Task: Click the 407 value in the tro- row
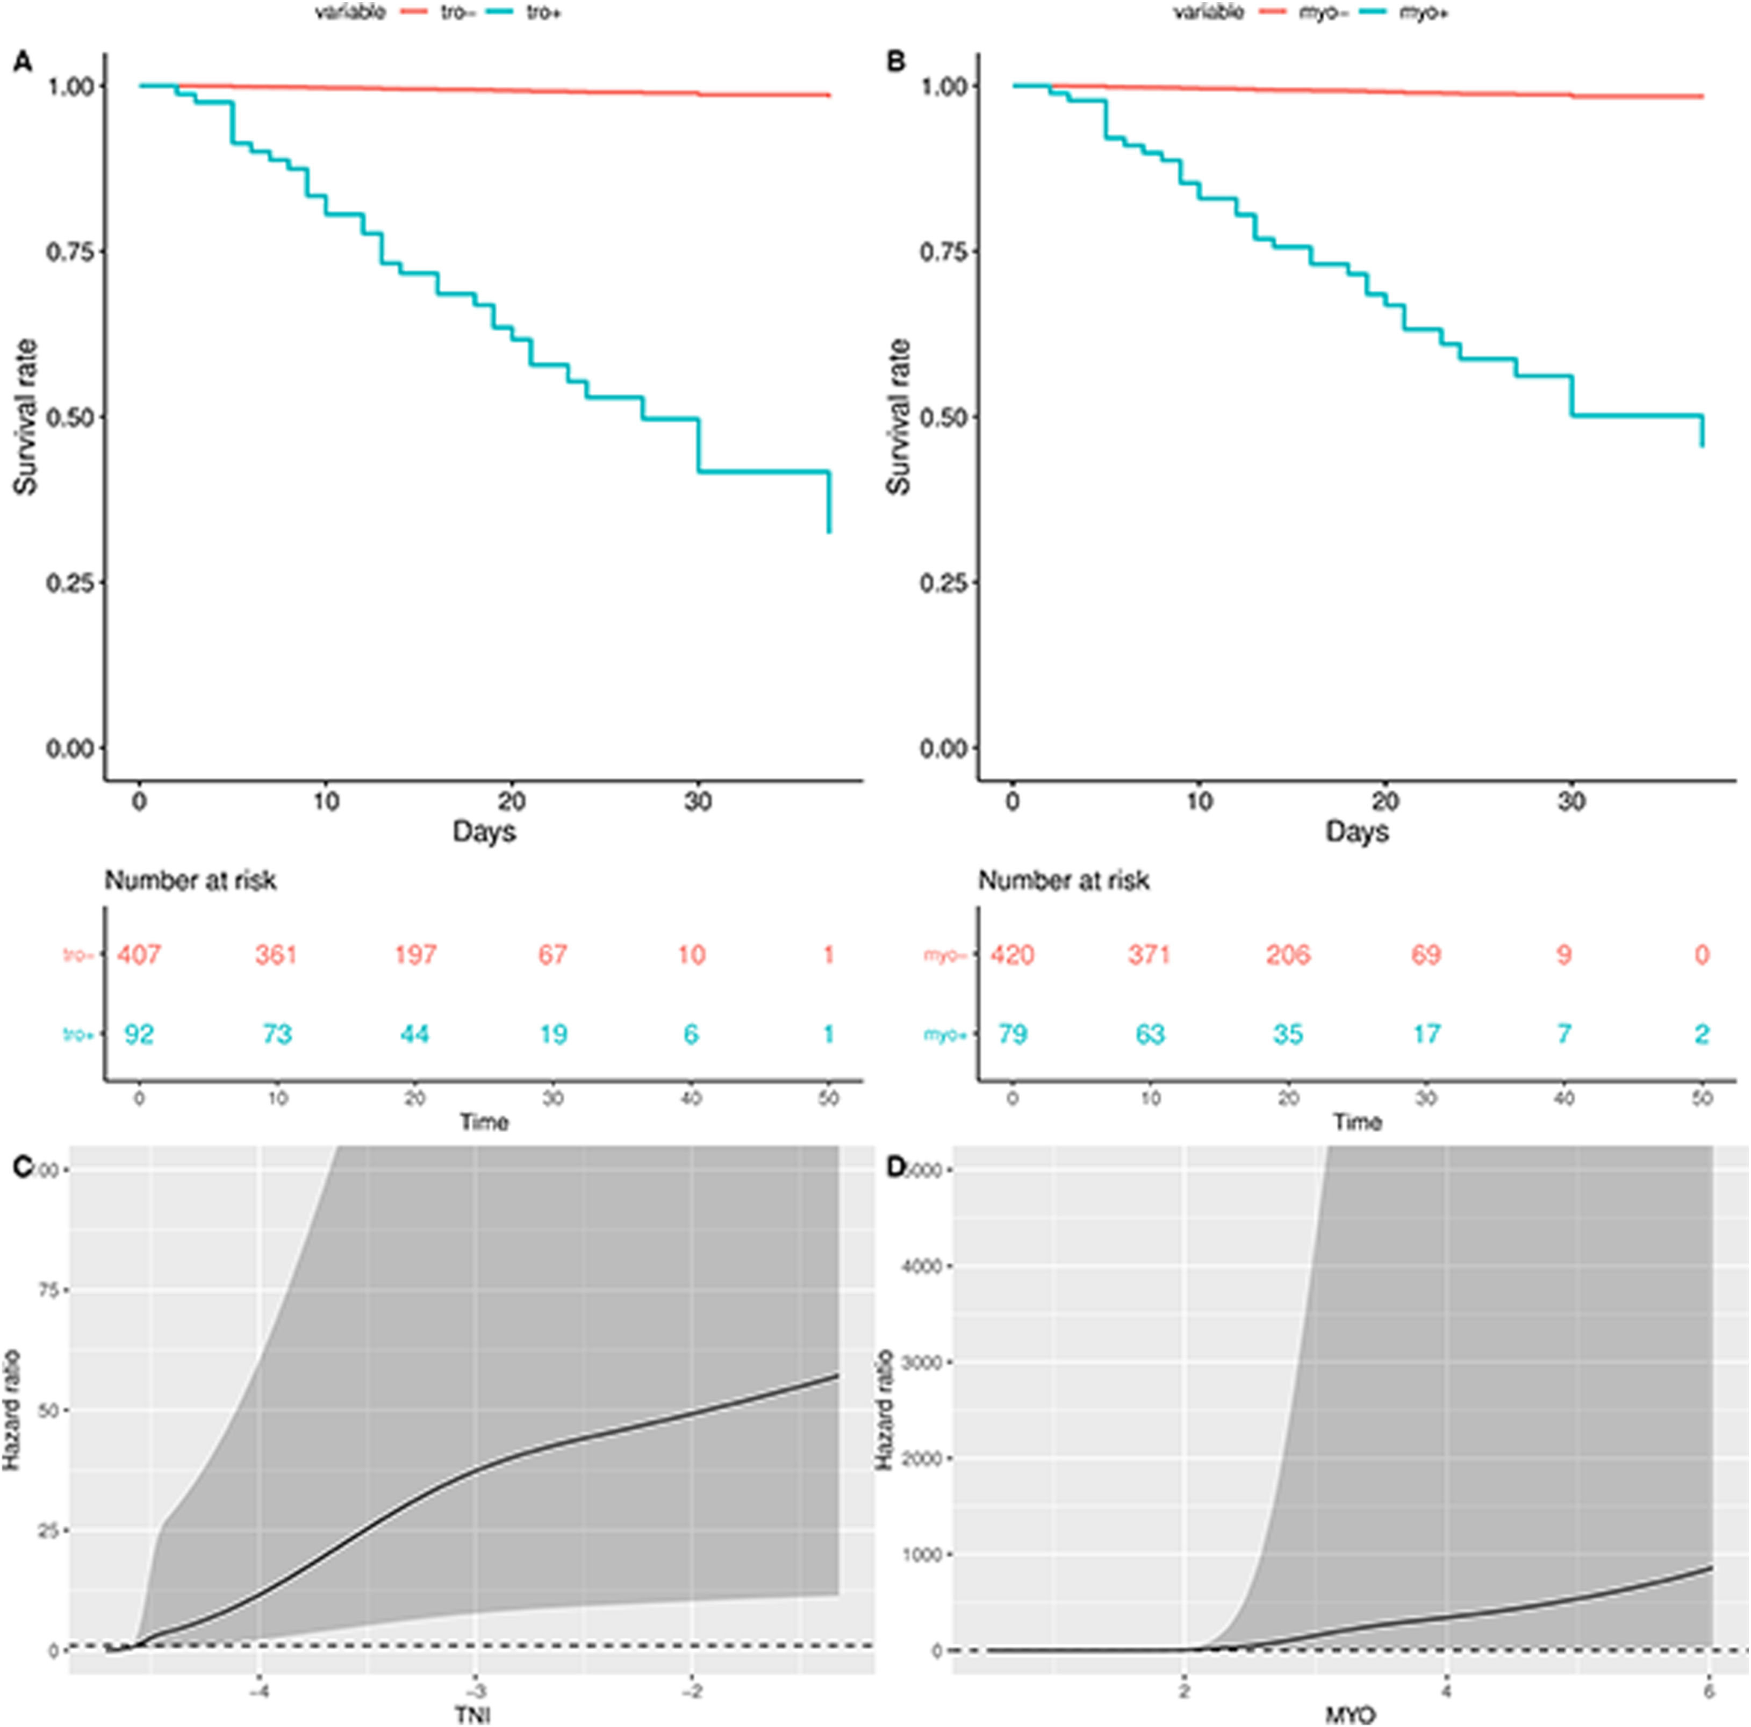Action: [139, 954]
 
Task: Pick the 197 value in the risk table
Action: [415, 954]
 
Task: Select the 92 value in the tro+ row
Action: [139, 1034]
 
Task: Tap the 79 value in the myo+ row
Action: [1013, 1034]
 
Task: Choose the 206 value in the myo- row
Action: [1288, 954]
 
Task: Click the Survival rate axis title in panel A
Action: [25, 417]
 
